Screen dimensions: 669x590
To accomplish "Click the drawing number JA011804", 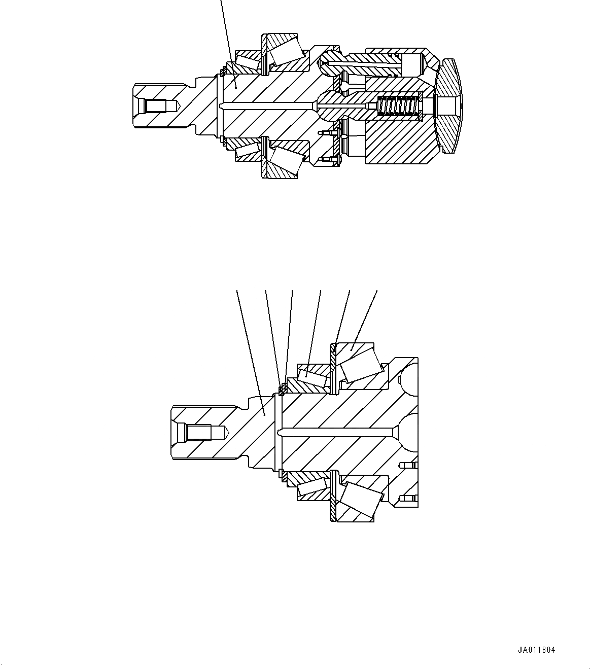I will [x=536, y=650].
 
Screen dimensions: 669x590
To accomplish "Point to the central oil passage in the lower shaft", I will [x=335, y=433].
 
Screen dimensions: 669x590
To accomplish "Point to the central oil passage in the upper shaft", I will [x=269, y=105].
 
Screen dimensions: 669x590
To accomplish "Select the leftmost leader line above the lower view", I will [x=249, y=345].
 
